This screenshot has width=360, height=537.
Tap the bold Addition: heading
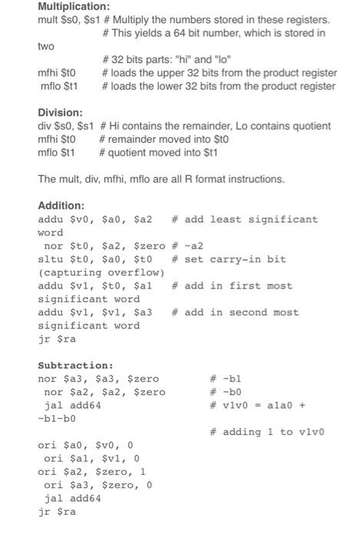tap(61, 206)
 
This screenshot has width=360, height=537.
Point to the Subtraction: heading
tap(75, 365)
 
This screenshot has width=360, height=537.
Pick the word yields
tap(151, 33)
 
